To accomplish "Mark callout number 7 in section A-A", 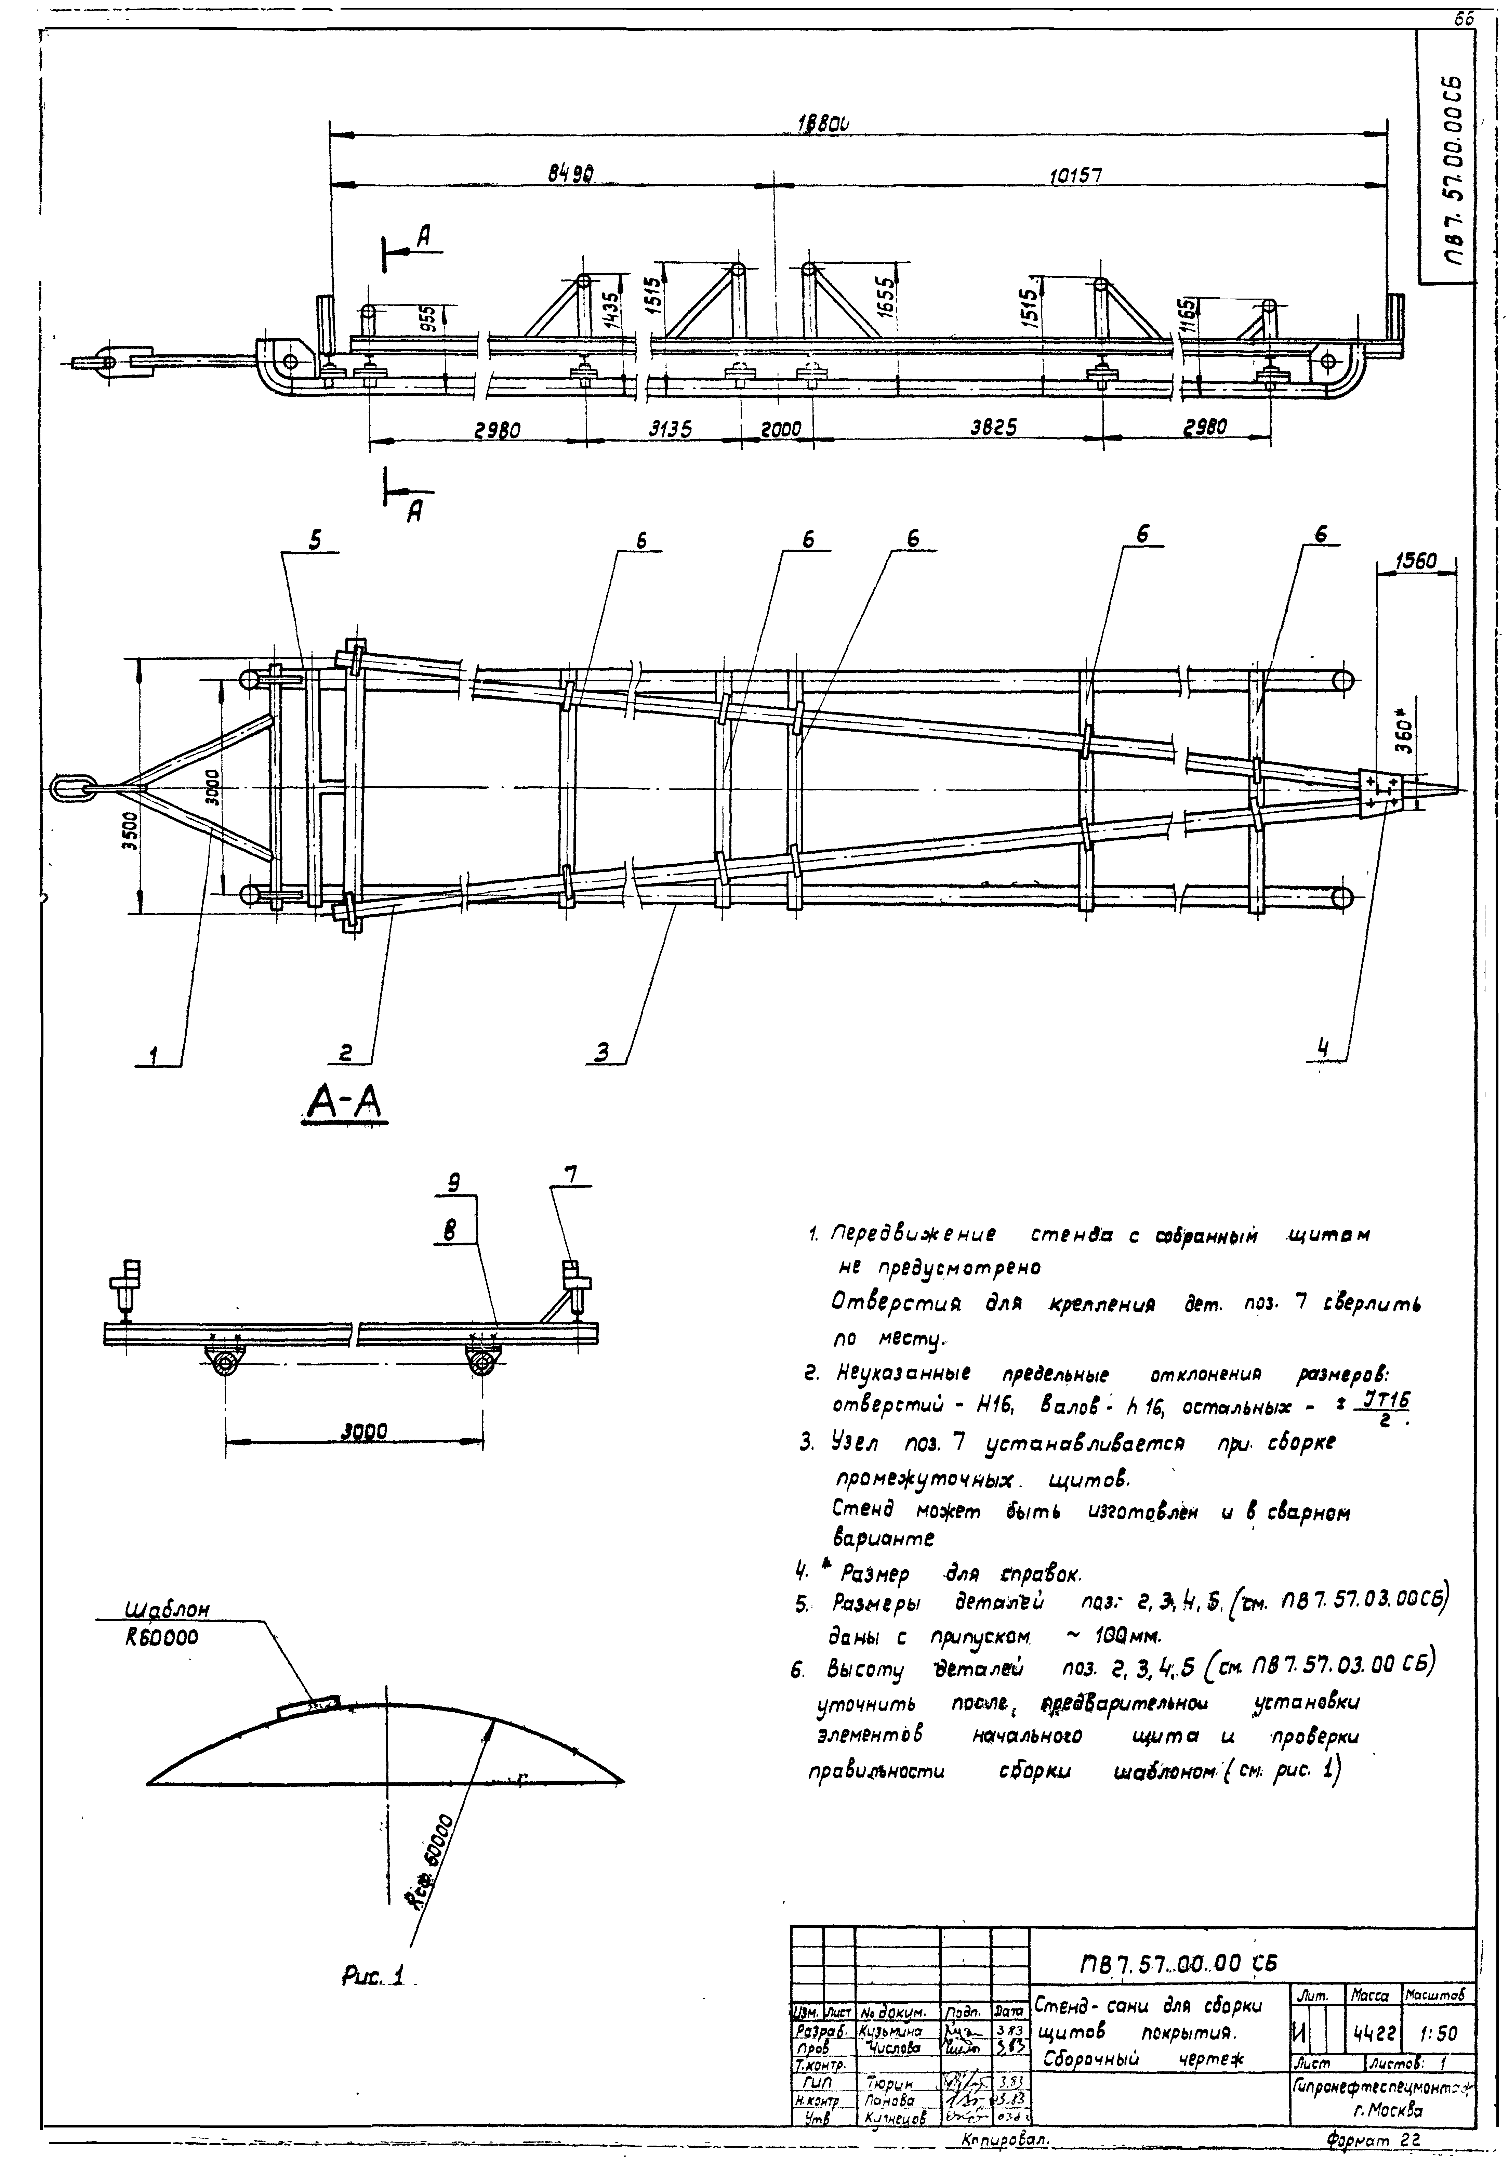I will [x=570, y=1174].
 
